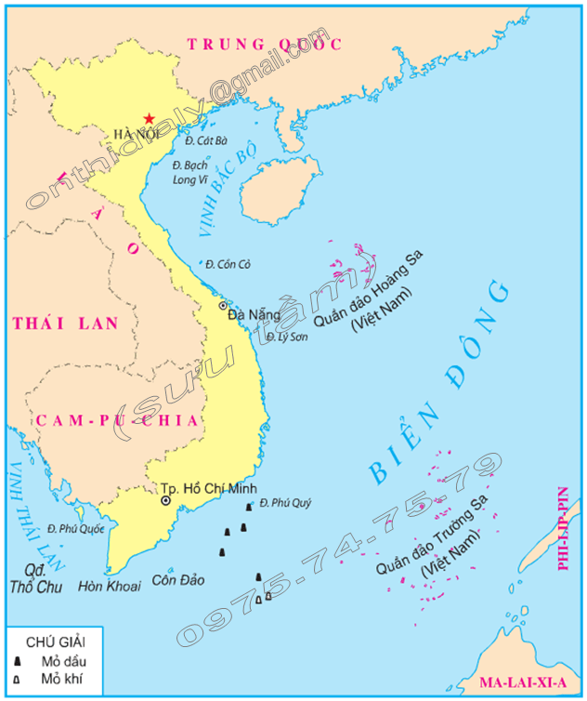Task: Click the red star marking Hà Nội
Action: (x=148, y=118)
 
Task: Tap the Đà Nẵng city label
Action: (x=249, y=315)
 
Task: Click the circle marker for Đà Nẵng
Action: (x=222, y=305)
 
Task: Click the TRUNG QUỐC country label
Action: (x=265, y=44)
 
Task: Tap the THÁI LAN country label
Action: (x=66, y=324)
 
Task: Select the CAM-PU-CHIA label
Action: (x=117, y=420)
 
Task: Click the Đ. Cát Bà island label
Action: (x=205, y=141)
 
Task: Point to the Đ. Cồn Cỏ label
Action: (x=228, y=265)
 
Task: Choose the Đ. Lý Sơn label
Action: (x=288, y=337)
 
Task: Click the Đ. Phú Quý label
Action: (x=285, y=503)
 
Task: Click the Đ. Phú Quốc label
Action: (x=73, y=529)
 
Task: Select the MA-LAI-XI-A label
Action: (x=523, y=682)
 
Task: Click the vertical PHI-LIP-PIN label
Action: (x=563, y=528)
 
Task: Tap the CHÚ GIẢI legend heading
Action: (x=56, y=642)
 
